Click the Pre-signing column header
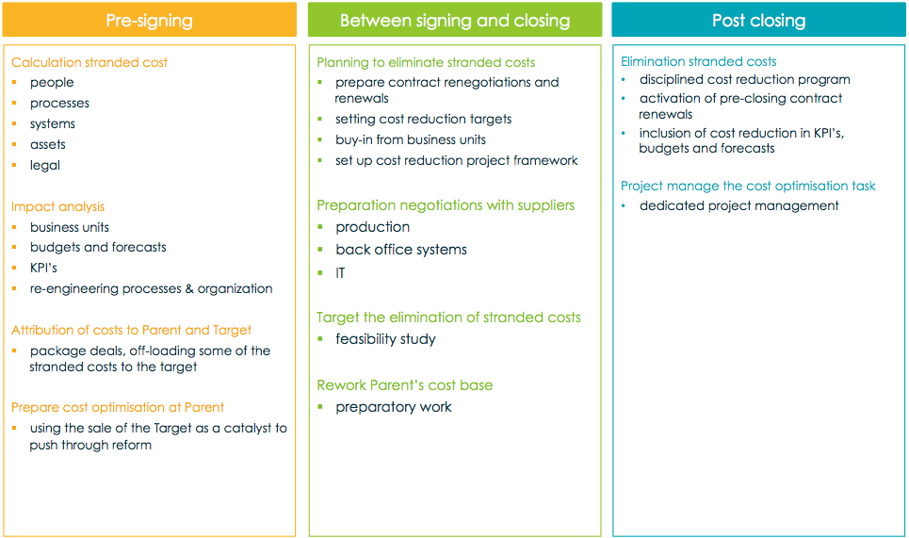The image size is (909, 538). coord(149,21)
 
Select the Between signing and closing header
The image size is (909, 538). coord(455,21)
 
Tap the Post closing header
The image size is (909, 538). coord(759,21)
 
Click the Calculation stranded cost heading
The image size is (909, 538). coord(89,62)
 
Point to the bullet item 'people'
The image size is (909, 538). coord(52,82)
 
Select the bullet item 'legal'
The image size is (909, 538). coord(45,165)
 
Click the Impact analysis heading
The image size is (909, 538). coord(58,207)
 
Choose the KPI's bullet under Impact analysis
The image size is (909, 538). coord(43,268)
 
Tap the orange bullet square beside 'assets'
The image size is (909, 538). coord(14,144)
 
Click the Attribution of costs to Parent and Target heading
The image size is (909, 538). coord(131,330)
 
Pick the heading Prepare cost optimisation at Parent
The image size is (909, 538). coord(118,408)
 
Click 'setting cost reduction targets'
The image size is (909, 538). coord(423,119)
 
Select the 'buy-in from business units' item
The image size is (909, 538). coord(411,139)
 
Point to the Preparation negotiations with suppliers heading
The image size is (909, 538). coord(446,205)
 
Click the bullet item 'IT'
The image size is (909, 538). coord(340,273)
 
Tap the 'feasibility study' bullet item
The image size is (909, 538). coord(385,339)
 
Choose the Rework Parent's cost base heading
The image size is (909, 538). coord(405,385)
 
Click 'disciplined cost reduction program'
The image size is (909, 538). coord(745,79)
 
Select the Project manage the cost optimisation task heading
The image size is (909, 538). coord(748,187)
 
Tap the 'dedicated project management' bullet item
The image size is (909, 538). coord(739,205)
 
